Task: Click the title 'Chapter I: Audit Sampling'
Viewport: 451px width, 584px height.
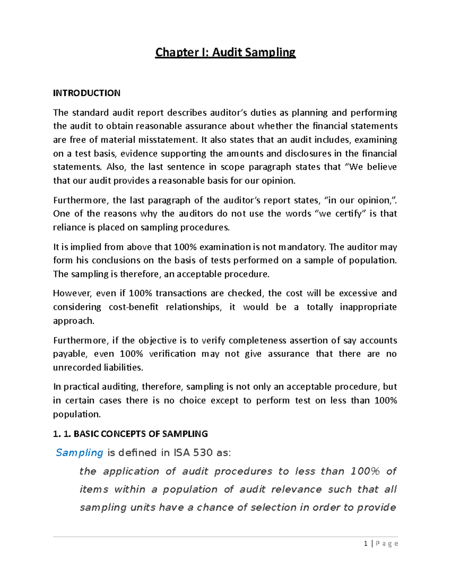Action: click(225, 52)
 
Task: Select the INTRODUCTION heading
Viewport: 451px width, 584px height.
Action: click(86, 93)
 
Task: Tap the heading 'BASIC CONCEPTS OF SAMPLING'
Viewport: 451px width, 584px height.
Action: click(141, 434)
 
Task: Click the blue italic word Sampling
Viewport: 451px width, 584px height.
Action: click(79, 453)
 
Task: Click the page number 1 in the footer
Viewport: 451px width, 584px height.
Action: click(365, 543)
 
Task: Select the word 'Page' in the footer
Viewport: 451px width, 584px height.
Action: click(387, 543)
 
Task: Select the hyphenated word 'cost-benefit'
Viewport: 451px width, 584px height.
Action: click(133, 307)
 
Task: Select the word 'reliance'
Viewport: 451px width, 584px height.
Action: click(68, 228)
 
